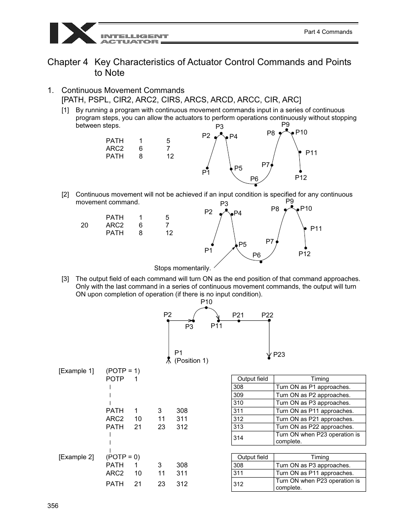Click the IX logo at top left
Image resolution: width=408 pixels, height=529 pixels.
click(x=73, y=33)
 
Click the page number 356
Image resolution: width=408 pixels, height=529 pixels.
click(x=53, y=506)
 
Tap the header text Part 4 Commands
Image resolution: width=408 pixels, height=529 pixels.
click(x=328, y=32)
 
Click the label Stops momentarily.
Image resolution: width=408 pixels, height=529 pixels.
click(x=182, y=268)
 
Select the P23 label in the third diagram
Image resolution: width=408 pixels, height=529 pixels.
click(x=279, y=354)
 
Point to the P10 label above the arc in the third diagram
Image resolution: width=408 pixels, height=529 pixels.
click(x=206, y=302)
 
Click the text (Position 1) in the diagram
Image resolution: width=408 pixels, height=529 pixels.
click(x=191, y=361)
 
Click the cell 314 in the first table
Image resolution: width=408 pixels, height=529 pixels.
click(x=239, y=438)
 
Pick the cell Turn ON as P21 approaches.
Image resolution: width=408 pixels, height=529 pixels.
click(x=314, y=419)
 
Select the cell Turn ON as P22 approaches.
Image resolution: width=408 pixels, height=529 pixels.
click(x=314, y=427)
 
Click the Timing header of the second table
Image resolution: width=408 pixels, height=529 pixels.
click(x=319, y=457)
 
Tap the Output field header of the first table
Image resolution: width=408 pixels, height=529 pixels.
click(x=252, y=379)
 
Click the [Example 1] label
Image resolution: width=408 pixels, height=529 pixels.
click(x=76, y=371)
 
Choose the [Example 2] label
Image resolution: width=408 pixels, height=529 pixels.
click(x=76, y=457)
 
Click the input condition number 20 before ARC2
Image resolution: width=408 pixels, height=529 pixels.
click(x=84, y=225)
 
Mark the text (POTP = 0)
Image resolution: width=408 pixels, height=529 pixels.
click(x=123, y=457)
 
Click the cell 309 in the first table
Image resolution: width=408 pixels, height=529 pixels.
click(x=239, y=395)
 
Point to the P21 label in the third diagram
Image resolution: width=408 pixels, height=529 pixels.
click(x=238, y=315)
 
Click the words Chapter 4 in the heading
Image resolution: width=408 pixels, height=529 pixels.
click(x=68, y=62)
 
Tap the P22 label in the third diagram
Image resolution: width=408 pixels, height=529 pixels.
click(x=267, y=315)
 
